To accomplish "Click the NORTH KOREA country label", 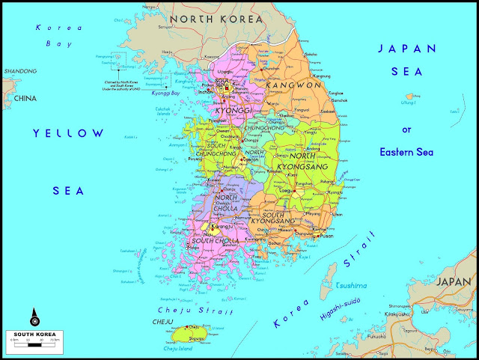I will [x=216, y=18].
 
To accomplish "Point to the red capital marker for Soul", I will [x=226, y=85].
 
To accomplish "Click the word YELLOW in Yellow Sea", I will [x=69, y=133].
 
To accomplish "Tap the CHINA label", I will [x=25, y=98].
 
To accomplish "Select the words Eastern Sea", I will [x=408, y=152].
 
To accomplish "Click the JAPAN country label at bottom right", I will [x=454, y=281].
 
